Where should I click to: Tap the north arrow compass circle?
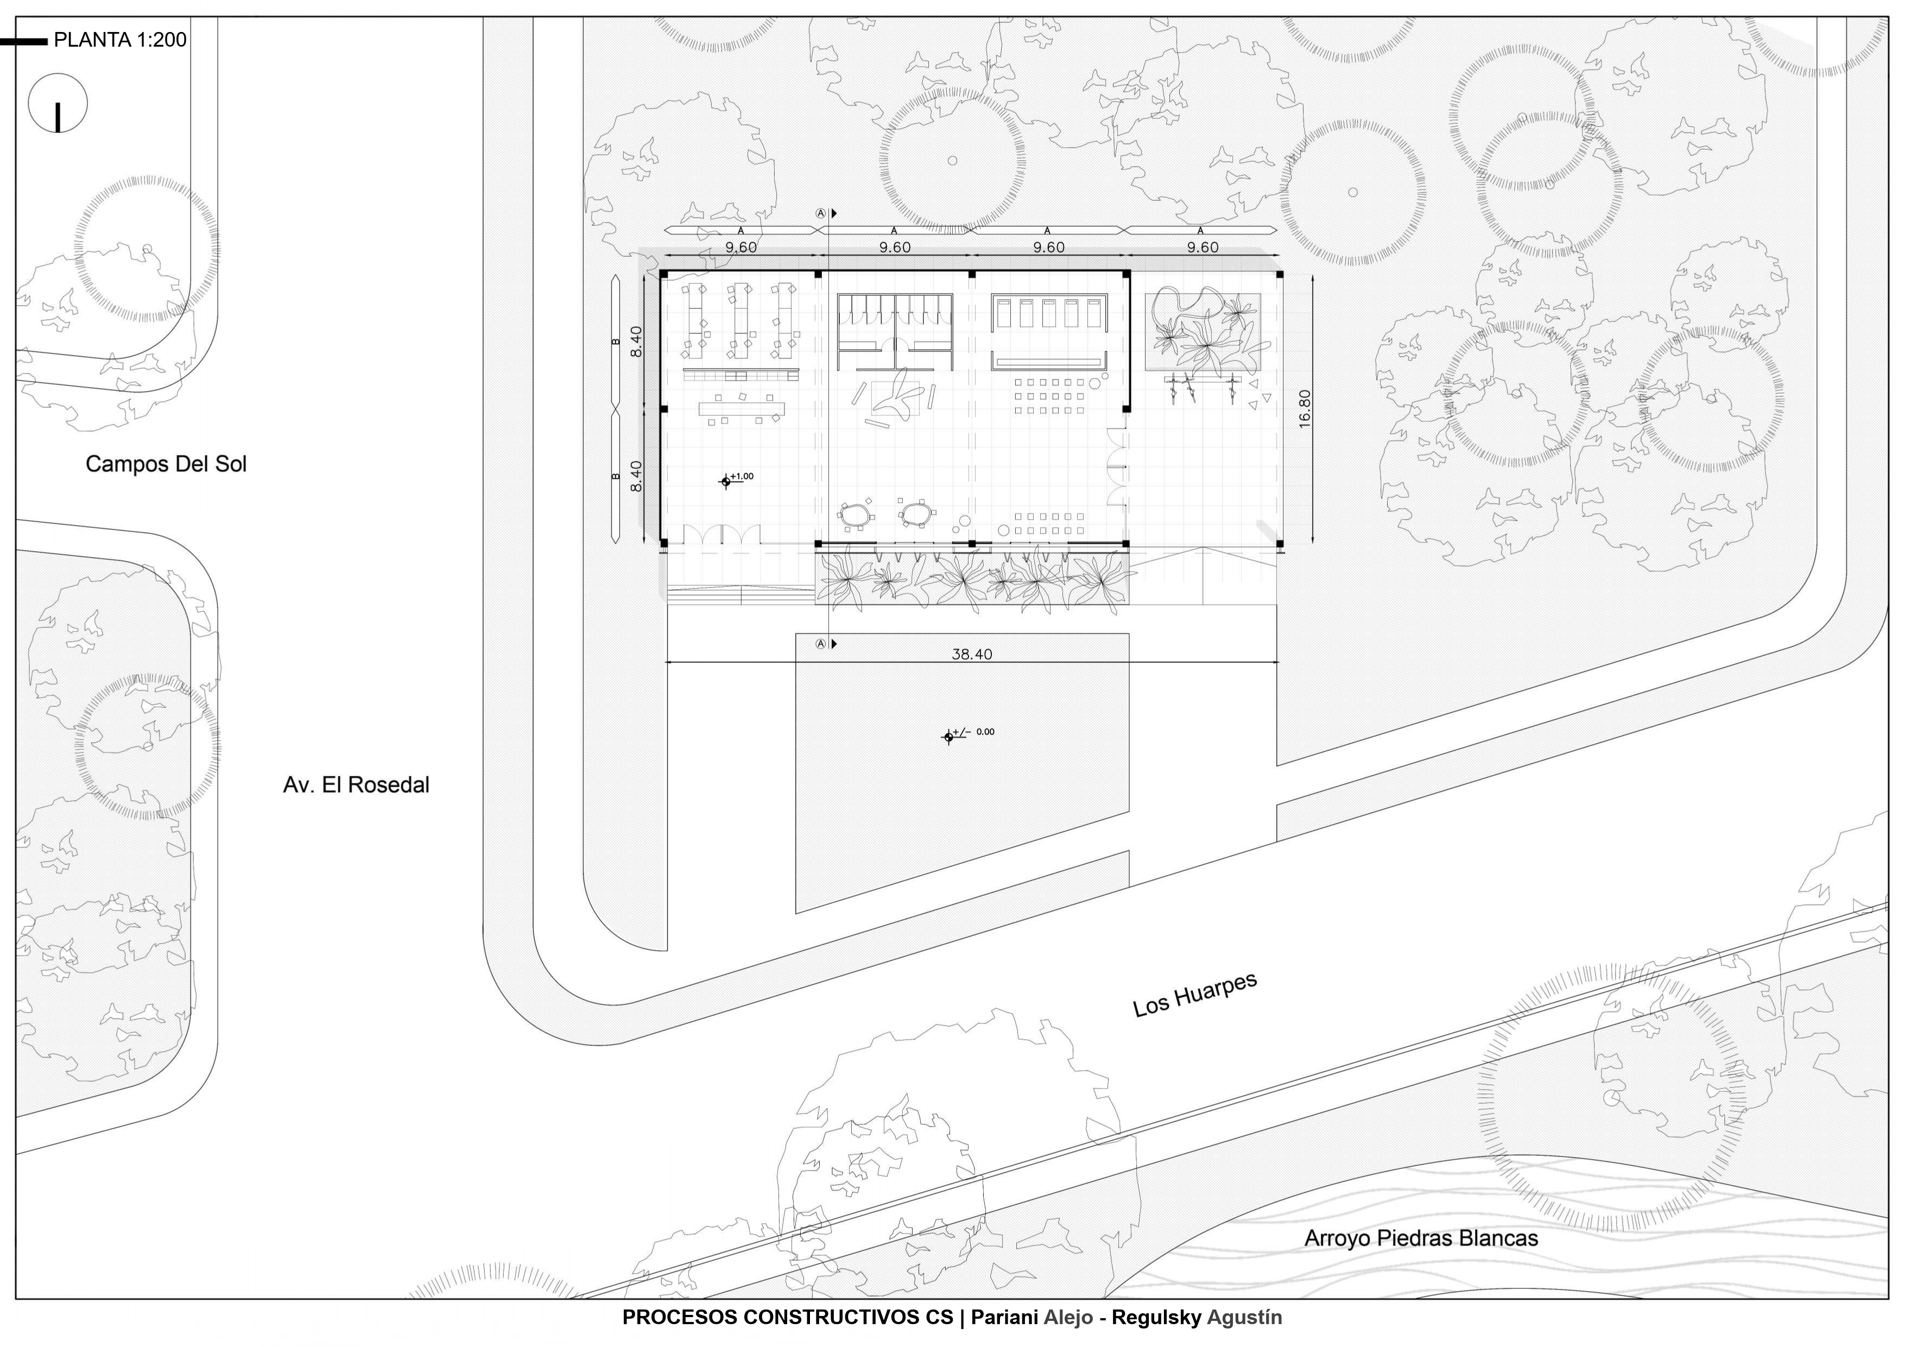point(57,104)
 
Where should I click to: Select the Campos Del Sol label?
point(166,464)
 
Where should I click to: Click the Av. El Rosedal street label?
point(356,785)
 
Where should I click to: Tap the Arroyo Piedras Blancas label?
point(1420,1238)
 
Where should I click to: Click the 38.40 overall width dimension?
point(972,654)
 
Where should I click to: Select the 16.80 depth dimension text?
point(1305,408)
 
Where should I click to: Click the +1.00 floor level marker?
point(727,480)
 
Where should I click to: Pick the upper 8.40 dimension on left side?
point(636,341)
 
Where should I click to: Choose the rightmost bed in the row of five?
point(1093,314)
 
